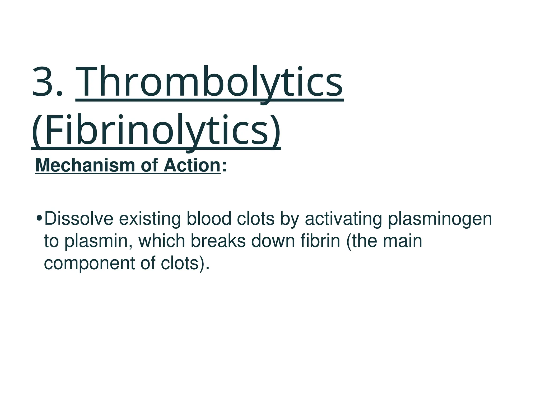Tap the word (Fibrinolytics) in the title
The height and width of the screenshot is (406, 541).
click(156, 131)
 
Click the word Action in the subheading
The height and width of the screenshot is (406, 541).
click(192, 165)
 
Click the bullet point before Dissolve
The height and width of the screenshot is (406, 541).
click(39, 219)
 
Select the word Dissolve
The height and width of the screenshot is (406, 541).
click(79, 219)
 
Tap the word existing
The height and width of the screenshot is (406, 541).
click(150, 219)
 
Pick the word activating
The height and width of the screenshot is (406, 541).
click(343, 219)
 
